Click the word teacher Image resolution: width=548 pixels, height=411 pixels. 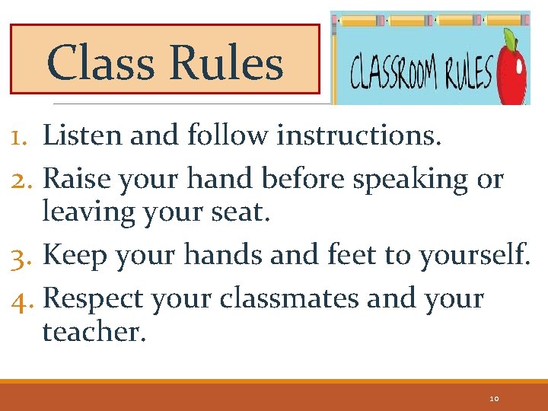click(93, 331)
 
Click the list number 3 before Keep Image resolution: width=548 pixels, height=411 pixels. click(20, 256)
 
